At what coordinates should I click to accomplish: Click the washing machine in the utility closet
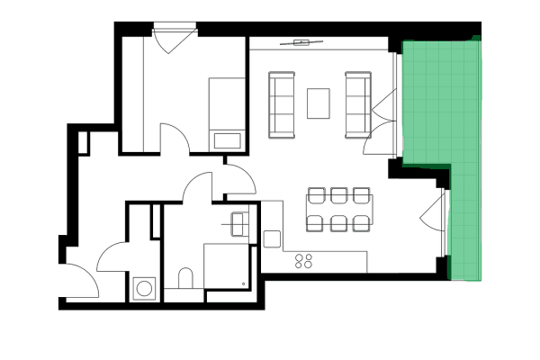click(143, 288)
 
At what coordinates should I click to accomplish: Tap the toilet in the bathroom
click(186, 278)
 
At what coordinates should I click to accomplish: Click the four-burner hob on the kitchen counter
click(304, 261)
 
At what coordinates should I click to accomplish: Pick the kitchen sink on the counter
click(273, 239)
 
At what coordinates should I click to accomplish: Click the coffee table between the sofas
click(319, 103)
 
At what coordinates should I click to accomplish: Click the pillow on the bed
click(226, 140)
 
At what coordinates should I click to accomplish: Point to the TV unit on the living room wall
click(304, 42)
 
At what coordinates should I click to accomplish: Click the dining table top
click(338, 209)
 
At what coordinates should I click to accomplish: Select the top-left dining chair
click(316, 194)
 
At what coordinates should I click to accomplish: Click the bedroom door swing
click(175, 137)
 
